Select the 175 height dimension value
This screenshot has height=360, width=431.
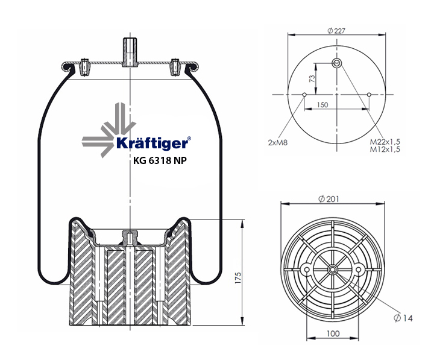pyautogui.click(x=238, y=278)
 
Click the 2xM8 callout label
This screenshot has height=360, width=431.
pyautogui.click(x=277, y=142)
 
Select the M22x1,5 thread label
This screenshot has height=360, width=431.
pyautogui.click(x=385, y=141)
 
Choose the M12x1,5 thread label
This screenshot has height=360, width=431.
pyautogui.click(x=385, y=149)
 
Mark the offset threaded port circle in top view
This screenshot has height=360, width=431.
pyautogui.click(x=336, y=63)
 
